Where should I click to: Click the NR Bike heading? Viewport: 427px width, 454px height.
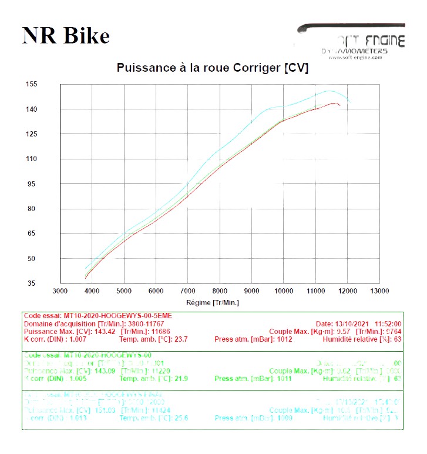[66, 36]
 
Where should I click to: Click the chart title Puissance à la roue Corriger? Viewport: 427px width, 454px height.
[212, 68]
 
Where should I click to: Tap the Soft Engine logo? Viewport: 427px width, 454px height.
[351, 42]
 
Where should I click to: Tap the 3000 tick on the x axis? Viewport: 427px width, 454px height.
[60, 291]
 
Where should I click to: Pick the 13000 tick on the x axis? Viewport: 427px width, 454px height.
[379, 291]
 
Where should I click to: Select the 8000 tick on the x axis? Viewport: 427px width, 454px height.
[219, 291]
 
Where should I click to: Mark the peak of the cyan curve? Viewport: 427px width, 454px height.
[330, 91]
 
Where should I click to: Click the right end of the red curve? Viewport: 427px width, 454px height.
[340, 106]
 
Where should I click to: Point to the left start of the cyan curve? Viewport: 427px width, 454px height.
[86, 269]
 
